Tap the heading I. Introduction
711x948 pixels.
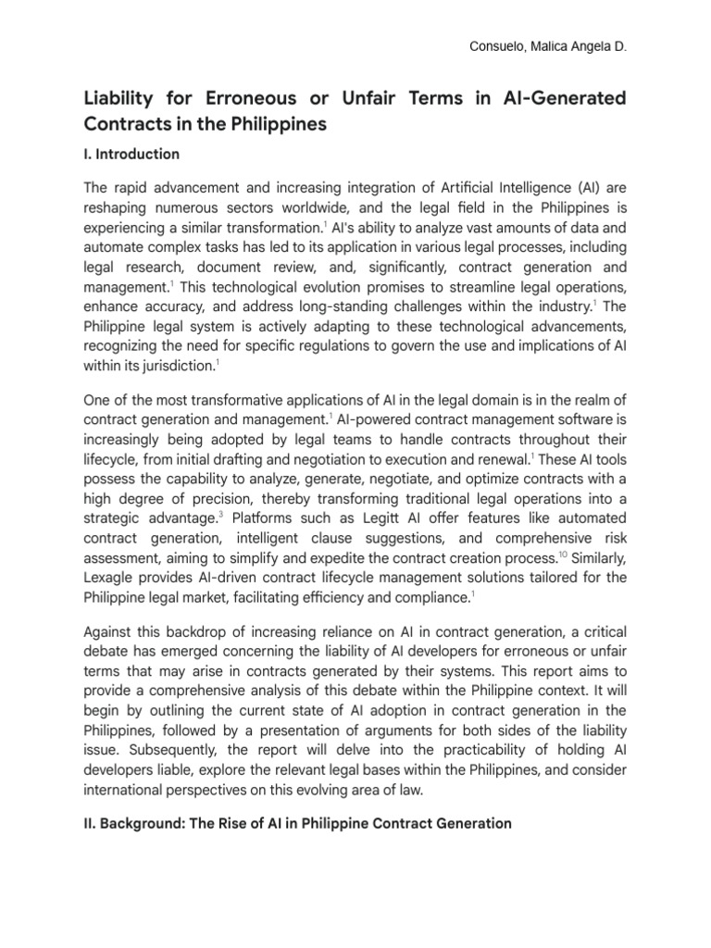(x=131, y=154)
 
